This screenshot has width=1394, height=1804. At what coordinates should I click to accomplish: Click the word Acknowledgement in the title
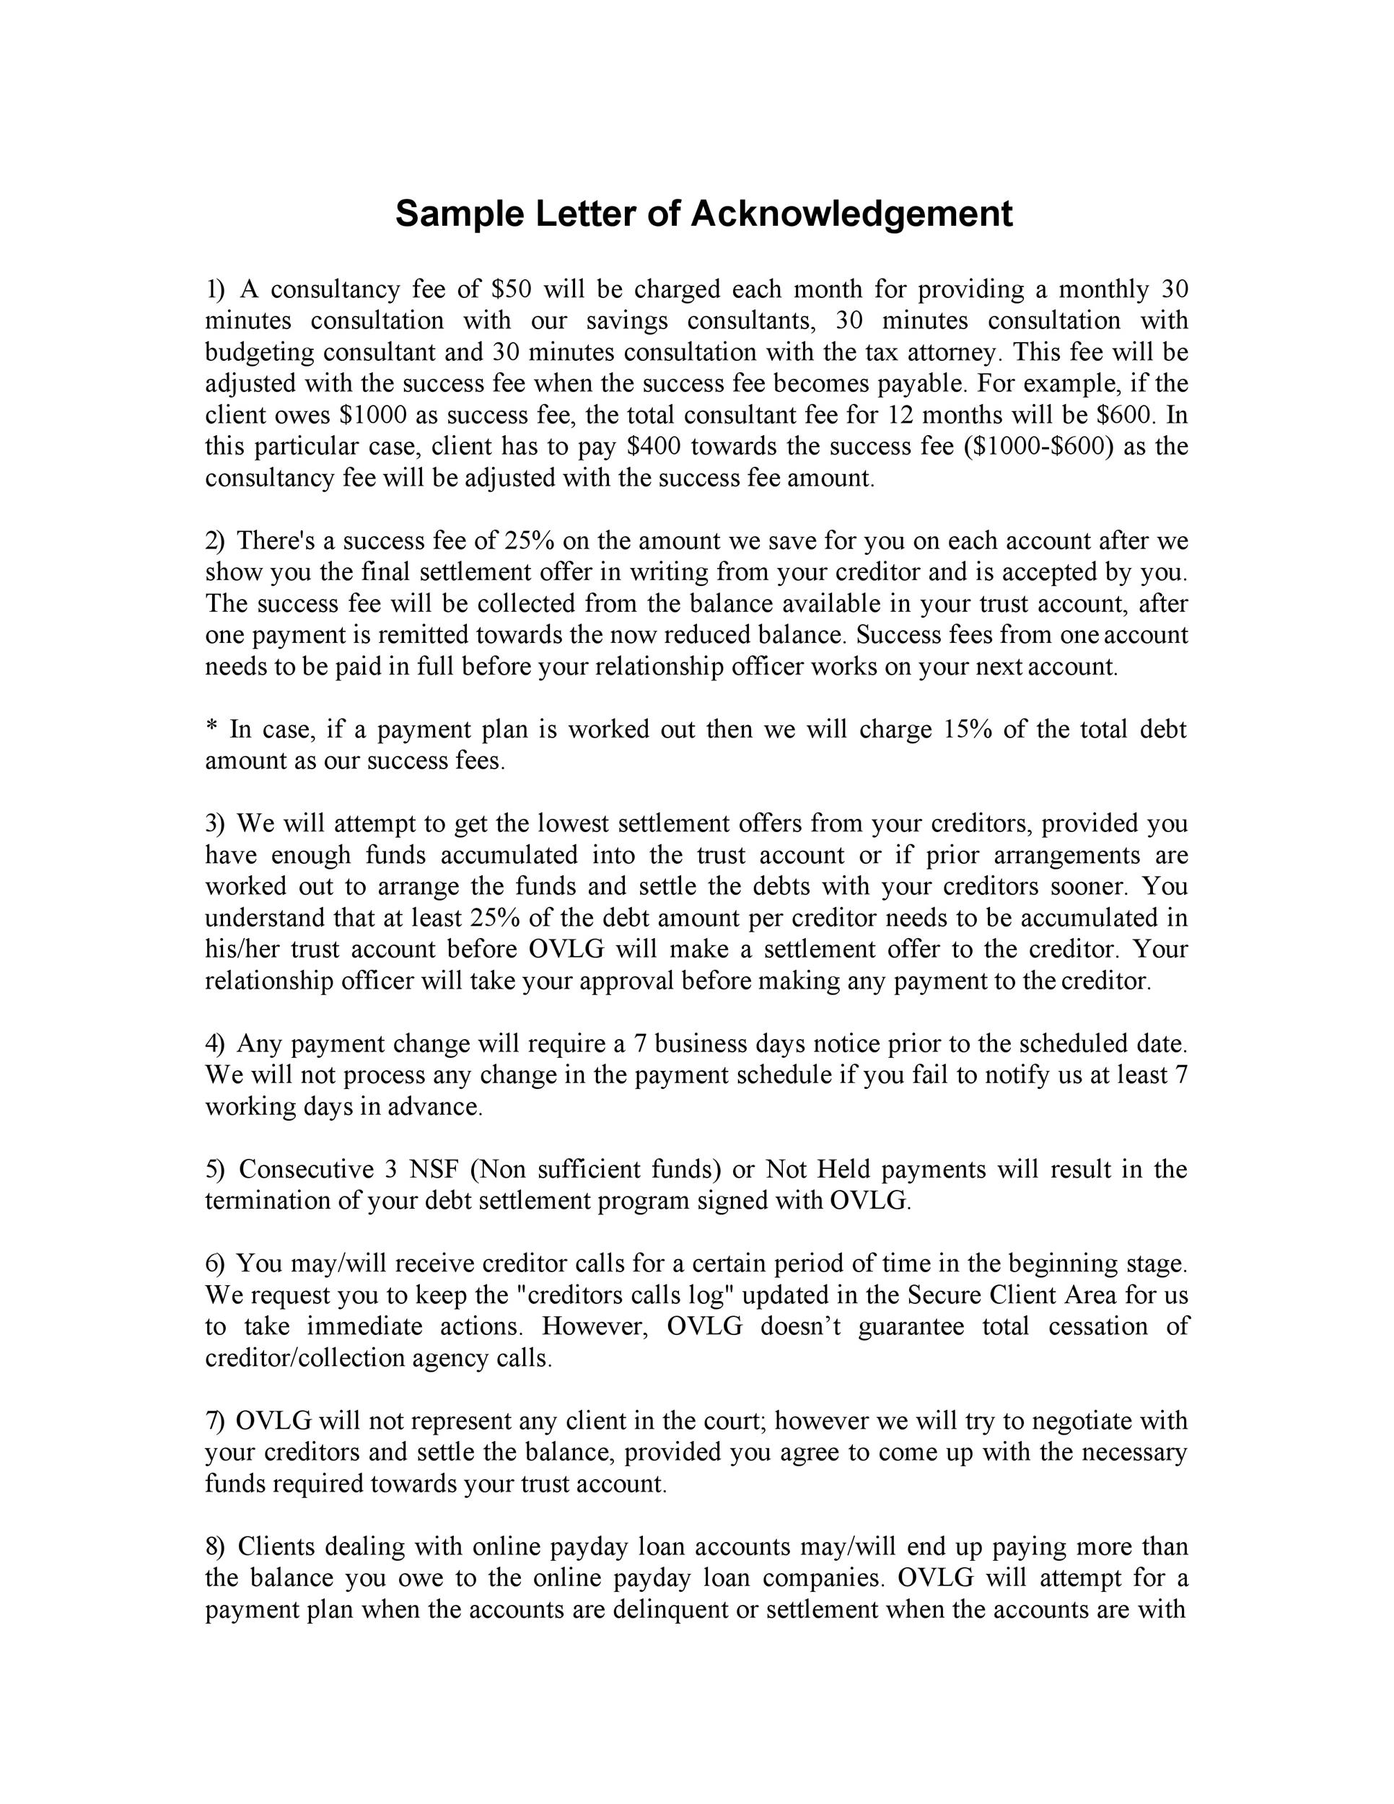coord(851,214)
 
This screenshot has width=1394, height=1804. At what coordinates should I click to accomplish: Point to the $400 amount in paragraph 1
coord(654,447)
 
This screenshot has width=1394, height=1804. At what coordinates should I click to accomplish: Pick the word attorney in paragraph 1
coord(954,353)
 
